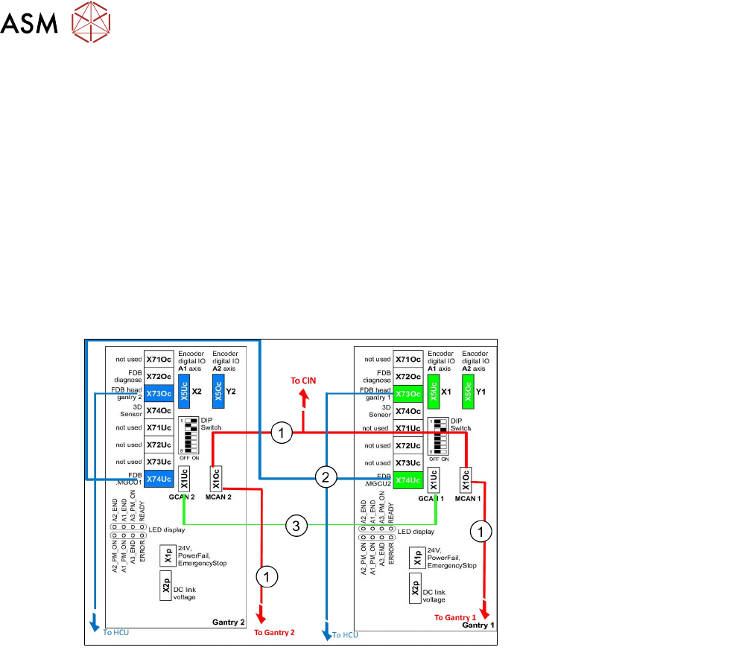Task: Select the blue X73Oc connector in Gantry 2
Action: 159,393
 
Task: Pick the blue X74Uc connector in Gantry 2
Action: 159,480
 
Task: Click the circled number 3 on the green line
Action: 296,526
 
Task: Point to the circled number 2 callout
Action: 325,477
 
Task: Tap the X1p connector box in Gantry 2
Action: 168,556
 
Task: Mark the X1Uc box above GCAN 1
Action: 433,480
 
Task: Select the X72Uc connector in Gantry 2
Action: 159,445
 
